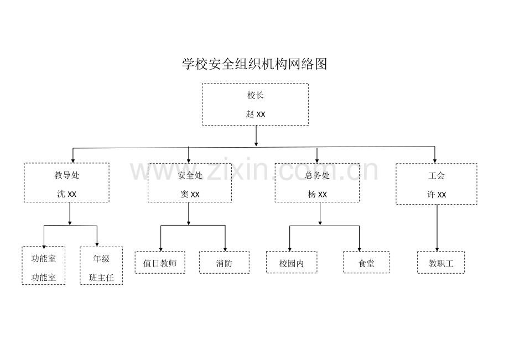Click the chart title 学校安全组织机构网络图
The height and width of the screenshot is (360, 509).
(254, 64)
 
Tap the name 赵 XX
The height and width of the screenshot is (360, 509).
(256, 114)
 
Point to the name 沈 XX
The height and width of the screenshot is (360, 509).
(66, 194)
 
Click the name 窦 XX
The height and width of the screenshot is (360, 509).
(190, 194)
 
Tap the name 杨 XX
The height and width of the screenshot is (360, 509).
(317, 194)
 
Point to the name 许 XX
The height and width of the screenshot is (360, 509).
(437, 195)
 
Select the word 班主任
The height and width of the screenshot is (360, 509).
(101, 278)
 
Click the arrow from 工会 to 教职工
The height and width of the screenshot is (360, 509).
(437, 228)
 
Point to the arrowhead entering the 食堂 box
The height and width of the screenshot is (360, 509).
(360, 249)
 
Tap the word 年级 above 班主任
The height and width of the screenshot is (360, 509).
(101, 258)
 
